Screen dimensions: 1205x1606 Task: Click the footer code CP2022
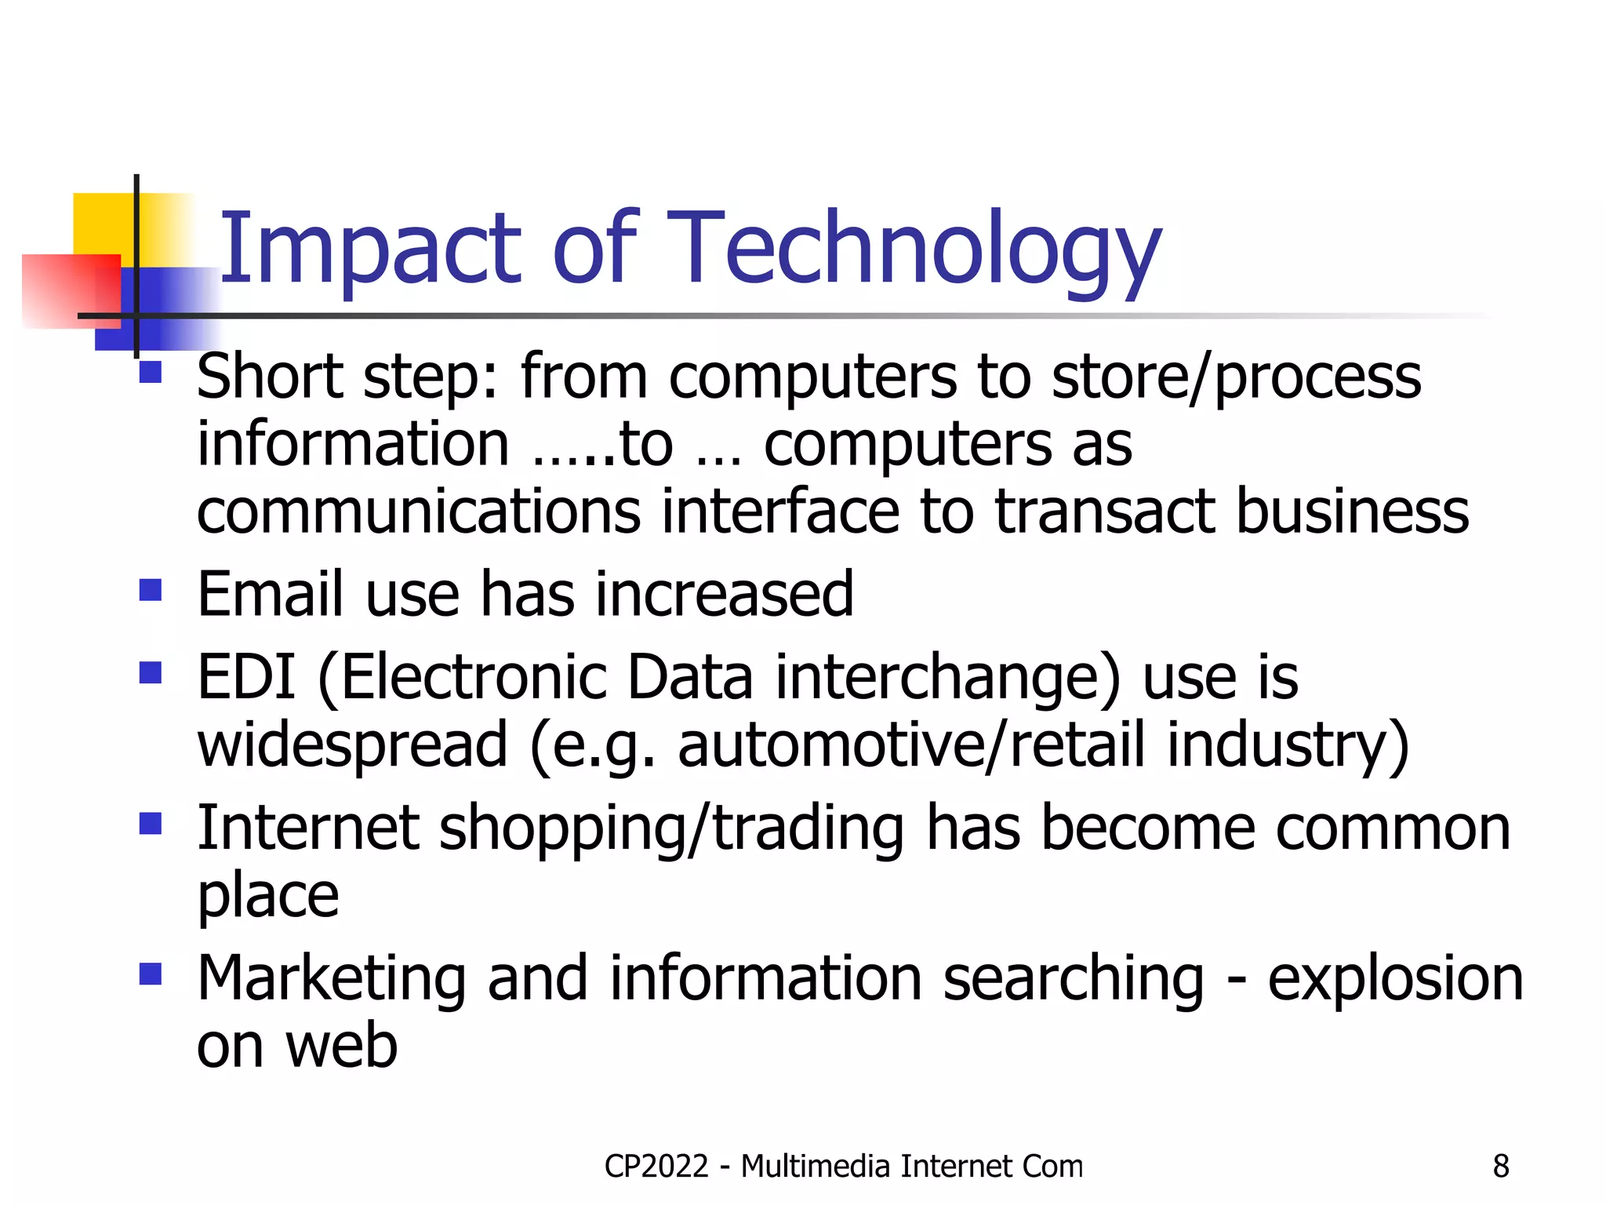click(656, 1167)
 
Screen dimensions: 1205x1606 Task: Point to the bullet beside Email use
click(150, 590)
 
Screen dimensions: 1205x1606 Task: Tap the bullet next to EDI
click(150, 673)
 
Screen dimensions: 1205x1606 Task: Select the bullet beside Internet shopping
click(150, 824)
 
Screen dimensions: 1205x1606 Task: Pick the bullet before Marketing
click(150, 974)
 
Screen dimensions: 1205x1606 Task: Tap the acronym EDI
click(246, 677)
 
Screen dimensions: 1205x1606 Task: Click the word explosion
click(1395, 979)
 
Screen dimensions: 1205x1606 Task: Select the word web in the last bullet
click(341, 1047)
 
